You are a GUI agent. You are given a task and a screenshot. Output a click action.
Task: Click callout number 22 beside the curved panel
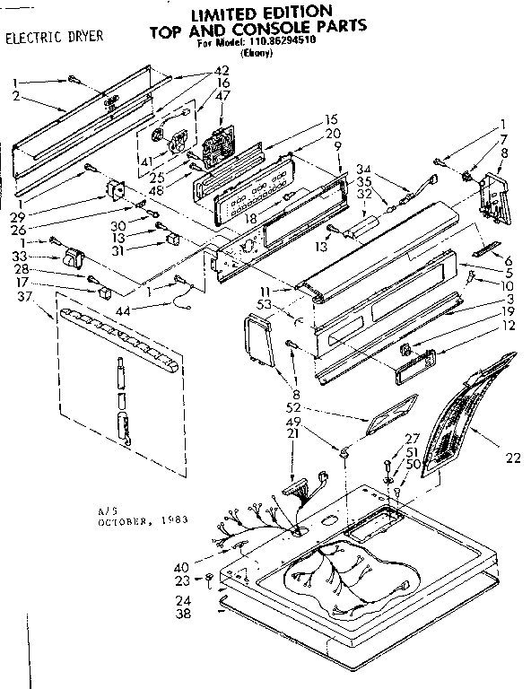[512, 458]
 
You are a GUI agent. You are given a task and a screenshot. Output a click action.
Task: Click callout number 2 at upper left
[15, 95]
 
